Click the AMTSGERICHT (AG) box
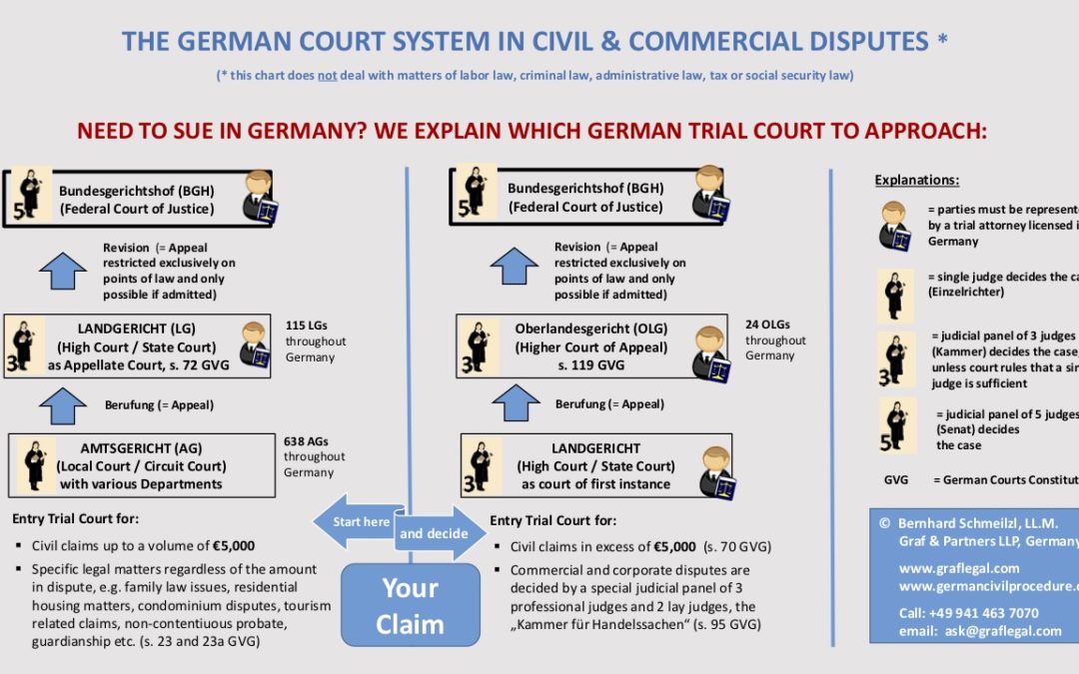141,465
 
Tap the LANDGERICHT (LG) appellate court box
137,345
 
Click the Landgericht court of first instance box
595,466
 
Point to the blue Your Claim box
411,607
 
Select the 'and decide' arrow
441,533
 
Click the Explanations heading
916,181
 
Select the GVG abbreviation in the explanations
896,479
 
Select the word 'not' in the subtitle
327,75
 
